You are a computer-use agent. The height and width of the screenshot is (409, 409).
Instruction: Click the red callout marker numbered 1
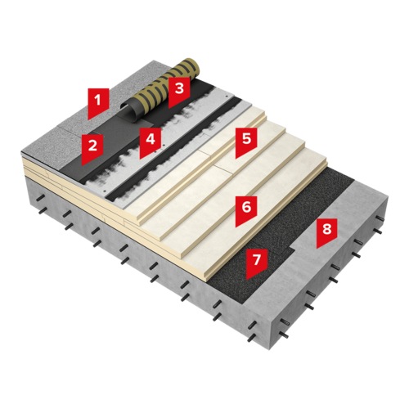click(98, 102)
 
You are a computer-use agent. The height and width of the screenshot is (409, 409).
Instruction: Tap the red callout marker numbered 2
click(92, 149)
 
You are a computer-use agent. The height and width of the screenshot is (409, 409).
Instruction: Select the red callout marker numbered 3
click(179, 92)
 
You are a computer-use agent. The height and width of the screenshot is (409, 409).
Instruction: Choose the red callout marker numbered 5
click(246, 142)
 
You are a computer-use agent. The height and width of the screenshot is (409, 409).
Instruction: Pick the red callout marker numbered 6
click(246, 210)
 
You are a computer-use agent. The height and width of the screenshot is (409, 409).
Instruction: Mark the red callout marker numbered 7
click(257, 263)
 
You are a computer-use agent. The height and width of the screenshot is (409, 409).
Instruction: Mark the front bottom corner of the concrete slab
click(270, 350)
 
